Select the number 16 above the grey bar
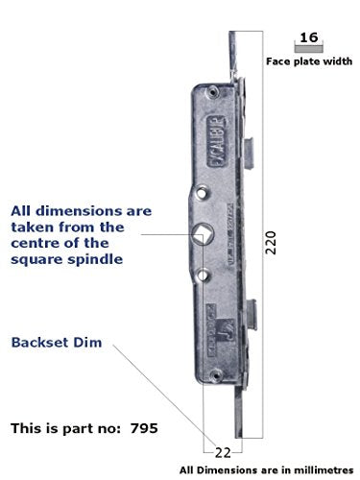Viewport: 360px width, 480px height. coord(307,38)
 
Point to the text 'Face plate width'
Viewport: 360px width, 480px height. coord(307,61)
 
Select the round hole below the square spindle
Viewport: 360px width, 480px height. coord(204,274)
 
